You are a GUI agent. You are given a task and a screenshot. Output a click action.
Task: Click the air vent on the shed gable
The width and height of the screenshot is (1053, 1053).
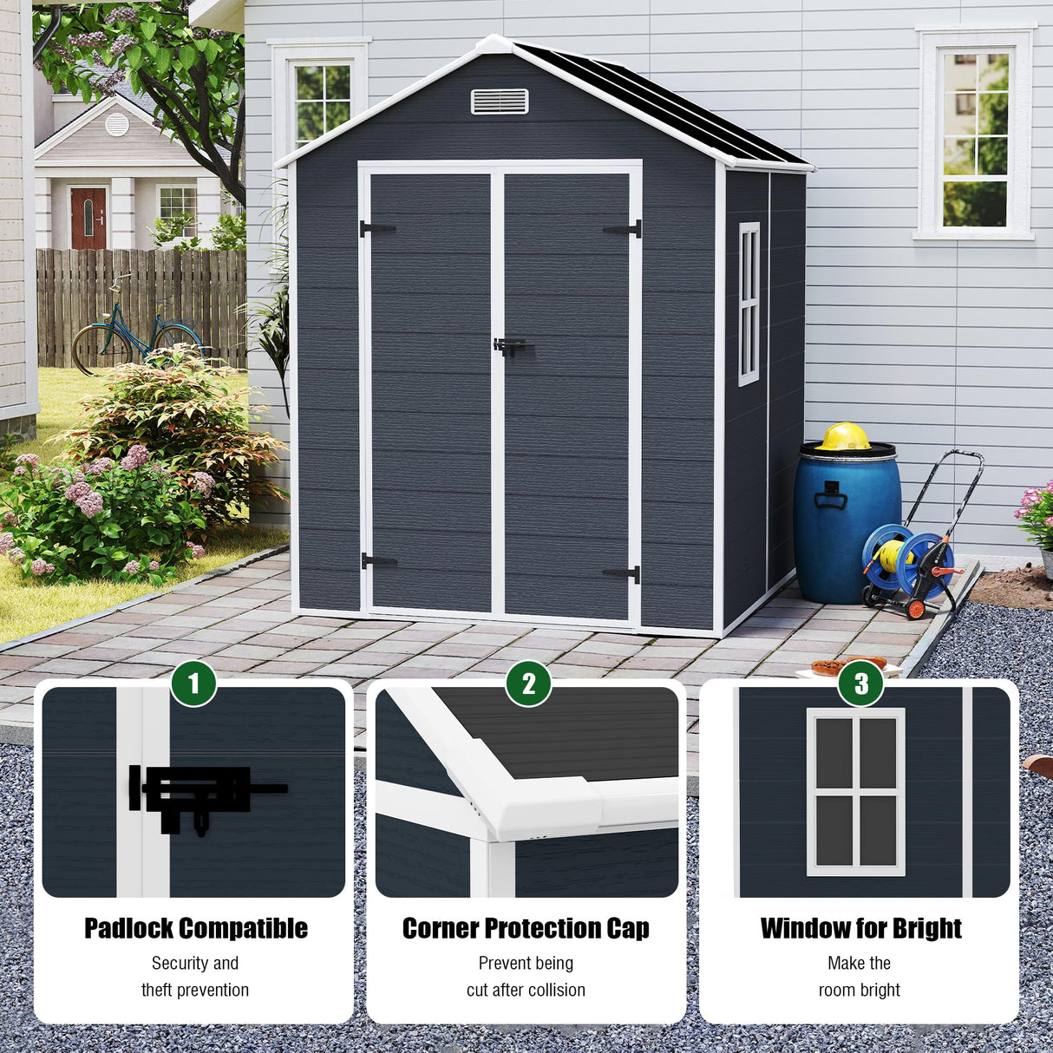click(x=499, y=101)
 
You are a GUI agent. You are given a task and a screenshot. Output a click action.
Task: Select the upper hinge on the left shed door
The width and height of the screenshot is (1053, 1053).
click(x=376, y=229)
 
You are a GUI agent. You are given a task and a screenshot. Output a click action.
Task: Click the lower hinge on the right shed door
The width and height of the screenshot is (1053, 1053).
click(x=623, y=574)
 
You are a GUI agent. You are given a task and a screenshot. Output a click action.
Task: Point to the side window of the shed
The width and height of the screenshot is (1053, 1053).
click(x=748, y=304)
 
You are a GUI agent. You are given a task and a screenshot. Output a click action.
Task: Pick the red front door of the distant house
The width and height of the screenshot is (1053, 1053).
click(x=88, y=218)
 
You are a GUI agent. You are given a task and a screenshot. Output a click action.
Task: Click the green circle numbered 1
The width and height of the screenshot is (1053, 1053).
click(x=193, y=683)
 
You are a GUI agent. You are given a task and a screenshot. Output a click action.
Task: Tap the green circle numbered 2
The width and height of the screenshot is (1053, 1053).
click(x=528, y=683)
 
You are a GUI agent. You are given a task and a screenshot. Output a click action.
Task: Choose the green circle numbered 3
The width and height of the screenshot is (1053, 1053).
click(x=860, y=683)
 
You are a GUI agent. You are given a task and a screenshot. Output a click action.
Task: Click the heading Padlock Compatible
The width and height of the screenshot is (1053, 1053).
click(x=195, y=928)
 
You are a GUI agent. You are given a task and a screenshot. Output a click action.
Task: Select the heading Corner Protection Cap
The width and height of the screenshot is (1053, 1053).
click(x=526, y=928)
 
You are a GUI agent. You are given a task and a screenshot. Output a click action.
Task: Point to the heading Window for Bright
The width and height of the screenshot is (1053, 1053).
click(x=860, y=928)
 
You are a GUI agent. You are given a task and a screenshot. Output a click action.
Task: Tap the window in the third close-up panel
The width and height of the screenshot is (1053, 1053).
click(x=855, y=791)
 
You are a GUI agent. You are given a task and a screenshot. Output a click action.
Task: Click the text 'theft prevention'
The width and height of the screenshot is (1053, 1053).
click(x=195, y=990)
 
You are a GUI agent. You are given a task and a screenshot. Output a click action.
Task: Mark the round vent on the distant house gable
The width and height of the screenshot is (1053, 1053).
click(x=117, y=125)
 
